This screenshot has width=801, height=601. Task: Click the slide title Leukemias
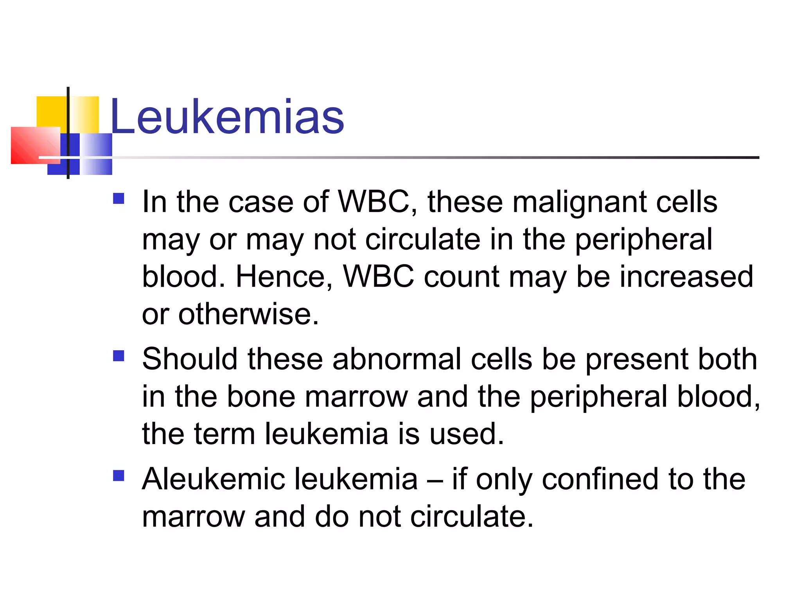pyautogui.click(x=227, y=117)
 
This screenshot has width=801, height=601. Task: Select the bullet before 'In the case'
pyautogui.click(x=119, y=199)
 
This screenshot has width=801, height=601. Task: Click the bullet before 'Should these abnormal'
pyautogui.click(x=119, y=356)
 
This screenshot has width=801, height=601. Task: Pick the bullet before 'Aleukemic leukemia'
pyautogui.click(x=119, y=475)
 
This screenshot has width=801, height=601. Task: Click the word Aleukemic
pyautogui.click(x=214, y=479)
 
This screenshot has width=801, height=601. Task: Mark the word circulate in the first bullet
pyautogui.click(x=422, y=239)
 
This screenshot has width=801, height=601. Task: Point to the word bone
pyautogui.click(x=261, y=397)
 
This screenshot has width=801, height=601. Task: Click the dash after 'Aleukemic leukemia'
pyautogui.click(x=435, y=480)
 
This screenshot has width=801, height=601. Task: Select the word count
pyautogui.click(x=462, y=277)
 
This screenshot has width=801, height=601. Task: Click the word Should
pyautogui.click(x=190, y=359)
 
